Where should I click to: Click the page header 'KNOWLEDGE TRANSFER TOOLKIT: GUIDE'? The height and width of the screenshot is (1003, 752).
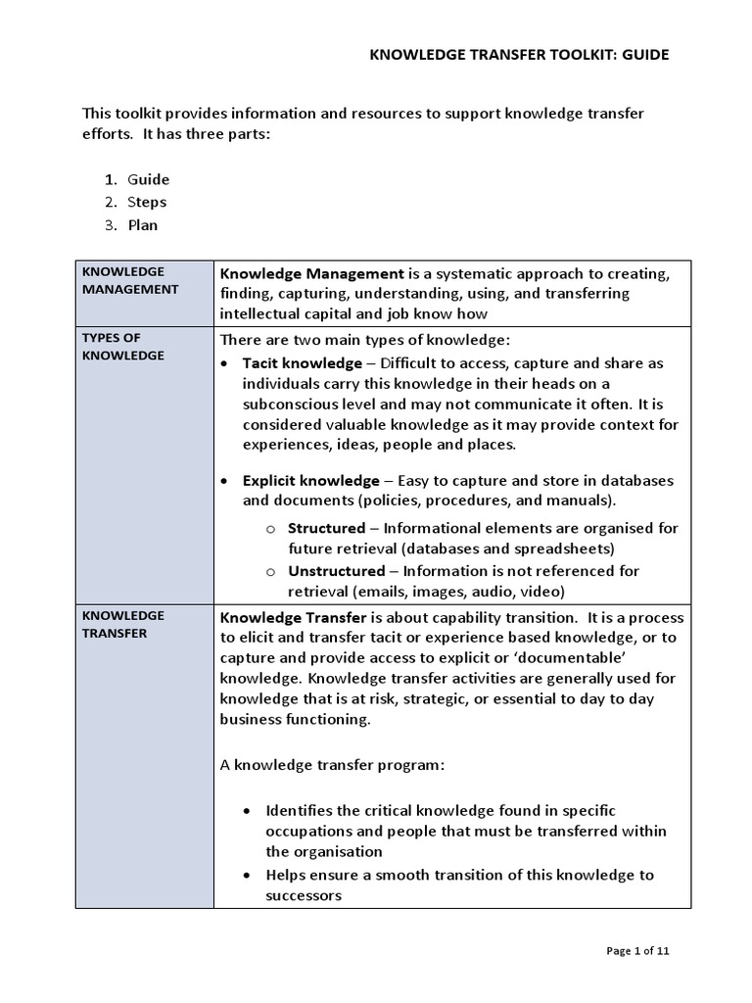point(519,55)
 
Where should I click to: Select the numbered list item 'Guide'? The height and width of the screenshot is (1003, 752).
point(148,179)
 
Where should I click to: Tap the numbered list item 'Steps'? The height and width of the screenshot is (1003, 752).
point(147,202)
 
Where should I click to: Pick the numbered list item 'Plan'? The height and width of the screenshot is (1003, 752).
point(142,224)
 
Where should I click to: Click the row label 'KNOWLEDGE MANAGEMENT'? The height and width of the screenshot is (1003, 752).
point(129,280)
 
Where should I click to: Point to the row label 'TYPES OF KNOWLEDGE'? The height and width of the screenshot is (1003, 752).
point(122,346)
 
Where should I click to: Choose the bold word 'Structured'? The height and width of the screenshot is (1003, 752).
point(326,528)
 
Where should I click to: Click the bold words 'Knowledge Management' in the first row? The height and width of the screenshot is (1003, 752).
point(311,273)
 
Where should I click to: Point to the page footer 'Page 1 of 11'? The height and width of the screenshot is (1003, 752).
point(637,950)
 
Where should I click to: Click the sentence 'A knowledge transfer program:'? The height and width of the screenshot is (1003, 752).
point(332,765)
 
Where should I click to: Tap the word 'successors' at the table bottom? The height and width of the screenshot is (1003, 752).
point(303,895)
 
